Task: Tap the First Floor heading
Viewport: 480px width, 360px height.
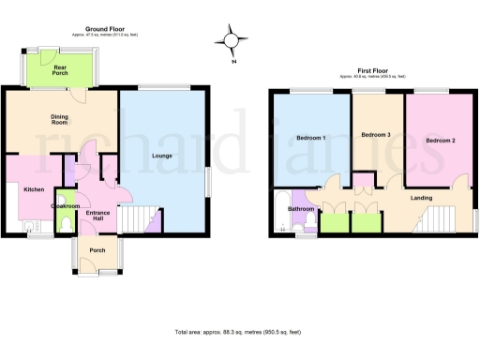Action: pyautogui.click(x=372, y=69)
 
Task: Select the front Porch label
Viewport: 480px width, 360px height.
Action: pyautogui.click(x=97, y=250)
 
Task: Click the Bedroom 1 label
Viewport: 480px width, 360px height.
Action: pyautogui.click(x=311, y=138)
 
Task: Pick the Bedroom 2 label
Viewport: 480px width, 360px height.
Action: pyautogui.click(x=440, y=140)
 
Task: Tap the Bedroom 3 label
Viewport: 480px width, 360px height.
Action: pyautogui.click(x=376, y=135)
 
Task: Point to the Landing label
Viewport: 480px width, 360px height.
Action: pyautogui.click(x=421, y=198)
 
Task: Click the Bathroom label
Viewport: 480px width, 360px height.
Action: pyautogui.click(x=301, y=208)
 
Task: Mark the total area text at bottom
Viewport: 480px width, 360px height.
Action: pyautogui.click(x=240, y=332)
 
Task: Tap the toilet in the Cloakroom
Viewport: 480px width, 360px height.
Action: pyautogui.click(x=64, y=225)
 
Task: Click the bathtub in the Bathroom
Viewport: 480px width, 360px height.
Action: pyautogui.click(x=278, y=212)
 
